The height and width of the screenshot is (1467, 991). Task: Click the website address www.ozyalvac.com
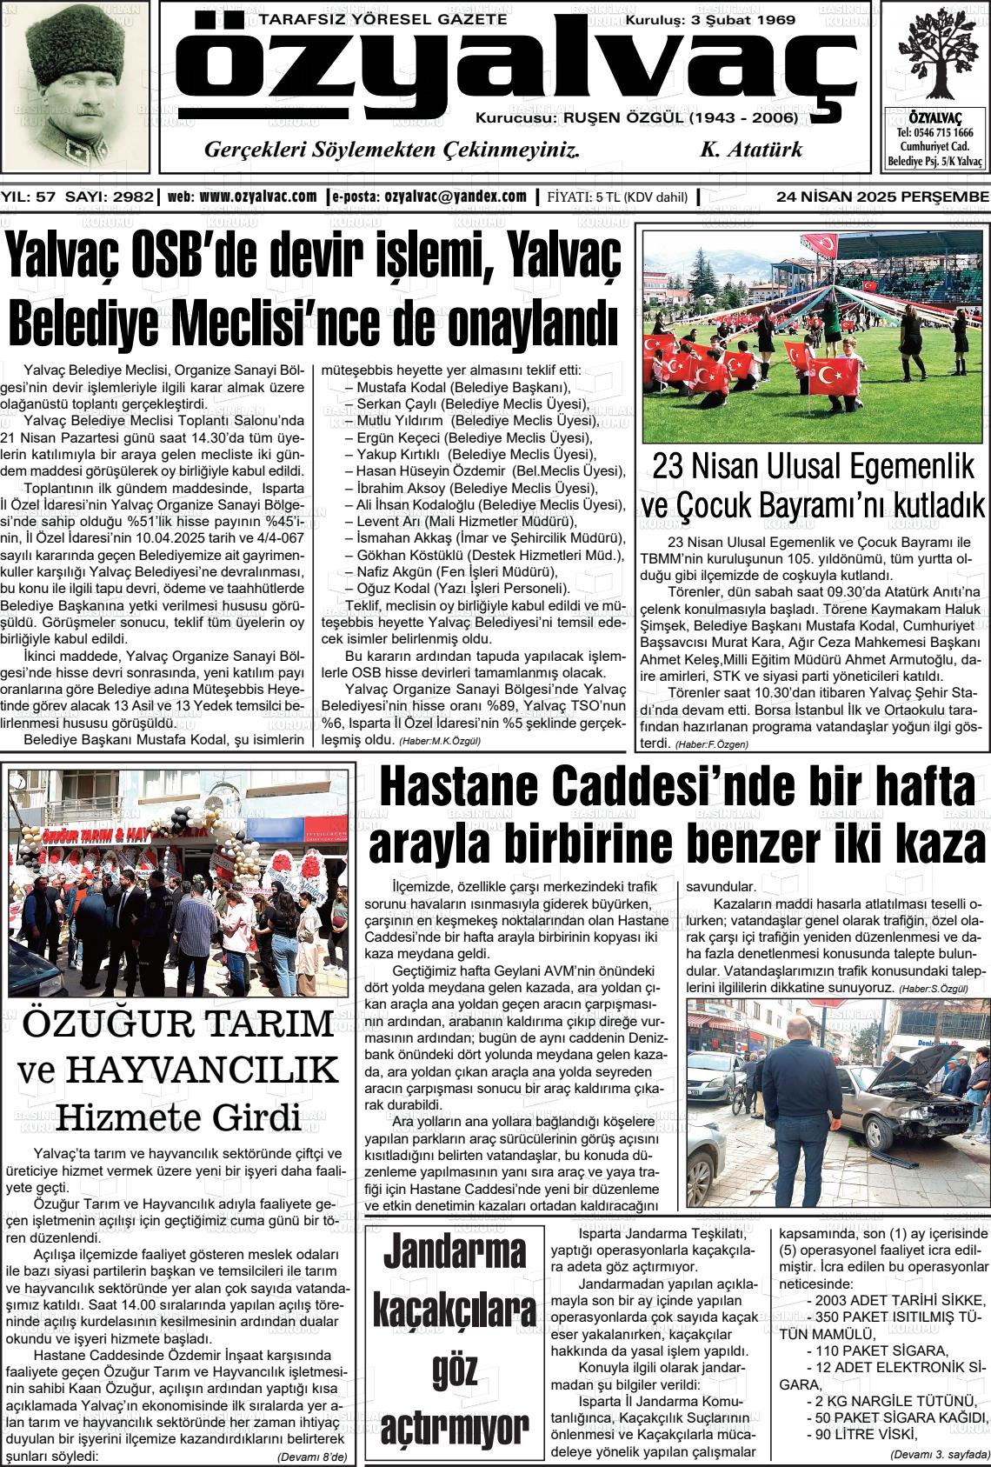[x=258, y=197]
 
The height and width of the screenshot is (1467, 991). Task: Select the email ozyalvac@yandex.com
[x=456, y=197]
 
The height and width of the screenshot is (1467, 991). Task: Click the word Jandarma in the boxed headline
[x=455, y=1253]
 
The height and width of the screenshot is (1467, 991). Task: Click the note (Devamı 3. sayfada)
[x=939, y=1454]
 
